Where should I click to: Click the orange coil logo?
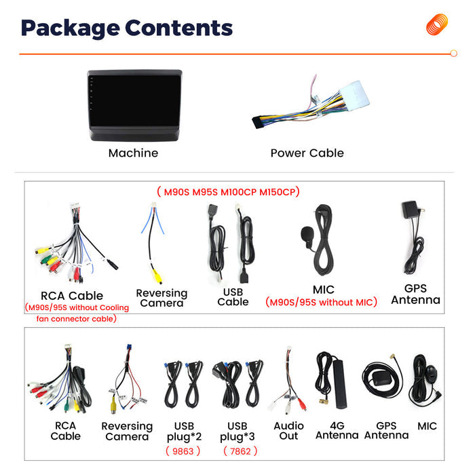[x=437, y=24]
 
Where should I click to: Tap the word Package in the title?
[x=71, y=28]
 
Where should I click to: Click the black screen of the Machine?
[x=134, y=100]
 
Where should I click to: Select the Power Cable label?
[x=307, y=153]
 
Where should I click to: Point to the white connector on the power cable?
[x=354, y=95]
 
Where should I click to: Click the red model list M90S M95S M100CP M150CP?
[x=229, y=192]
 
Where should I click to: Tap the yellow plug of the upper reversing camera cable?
[x=157, y=276]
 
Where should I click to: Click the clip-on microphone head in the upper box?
[x=306, y=234]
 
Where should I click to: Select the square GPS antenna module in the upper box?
[x=410, y=210]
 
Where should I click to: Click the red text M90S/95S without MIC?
[x=321, y=302]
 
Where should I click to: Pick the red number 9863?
[x=183, y=451]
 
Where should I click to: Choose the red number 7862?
[x=240, y=451]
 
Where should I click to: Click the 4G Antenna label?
[x=337, y=430]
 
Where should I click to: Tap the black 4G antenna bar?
[x=340, y=384]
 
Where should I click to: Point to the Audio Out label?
[x=288, y=431]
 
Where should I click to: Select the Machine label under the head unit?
[x=133, y=153]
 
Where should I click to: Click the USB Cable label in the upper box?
[x=233, y=297]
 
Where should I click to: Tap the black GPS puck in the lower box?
[x=382, y=379]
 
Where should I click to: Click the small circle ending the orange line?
[x=453, y=54]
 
